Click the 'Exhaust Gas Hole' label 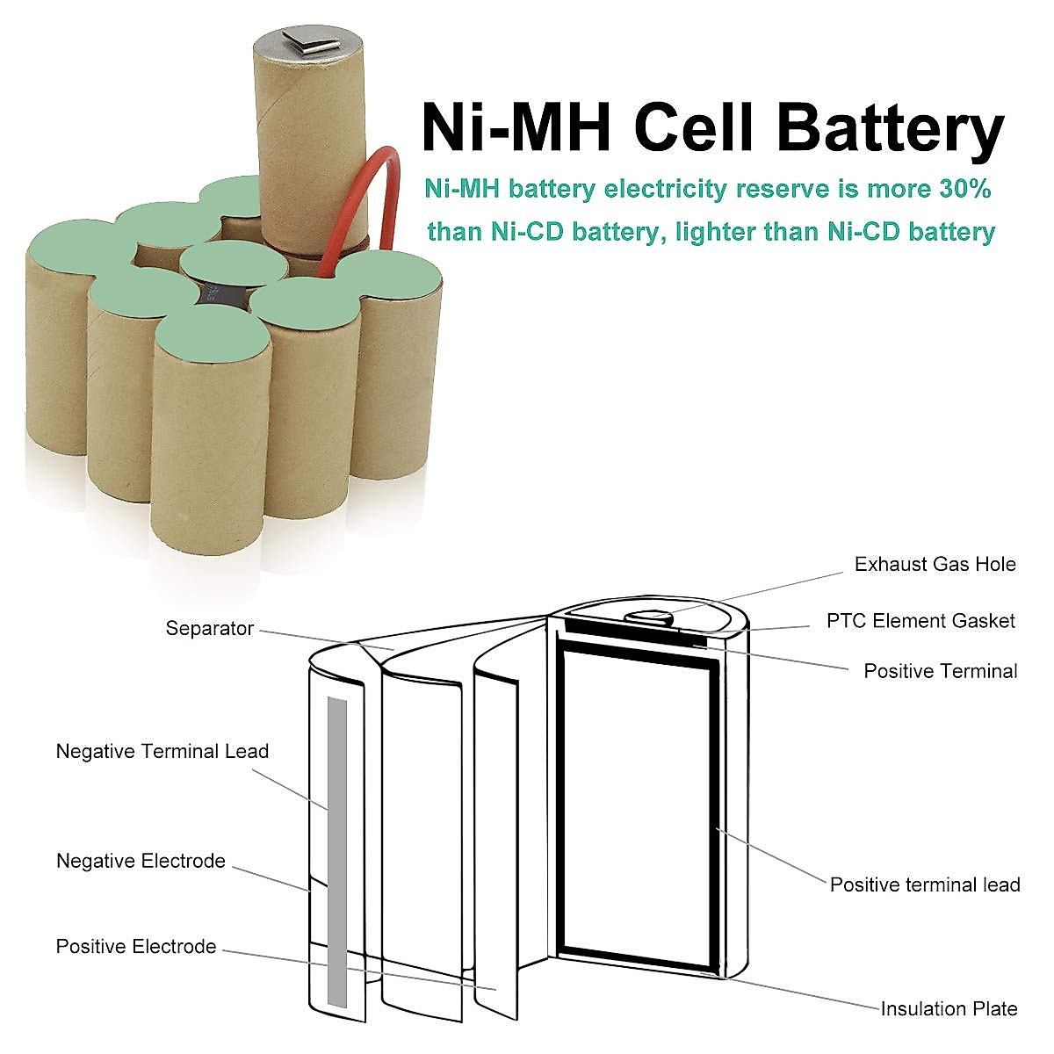pyautogui.click(x=935, y=564)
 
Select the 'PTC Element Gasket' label pyautogui.click(x=920, y=621)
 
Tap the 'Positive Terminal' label pyautogui.click(x=940, y=671)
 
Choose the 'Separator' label pyautogui.click(x=210, y=629)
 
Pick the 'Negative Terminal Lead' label pyautogui.click(x=162, y=751)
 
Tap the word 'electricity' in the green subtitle pyautogui.click(x=665, y=189)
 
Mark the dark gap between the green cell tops pyautogui.click(x=224, y=295)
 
